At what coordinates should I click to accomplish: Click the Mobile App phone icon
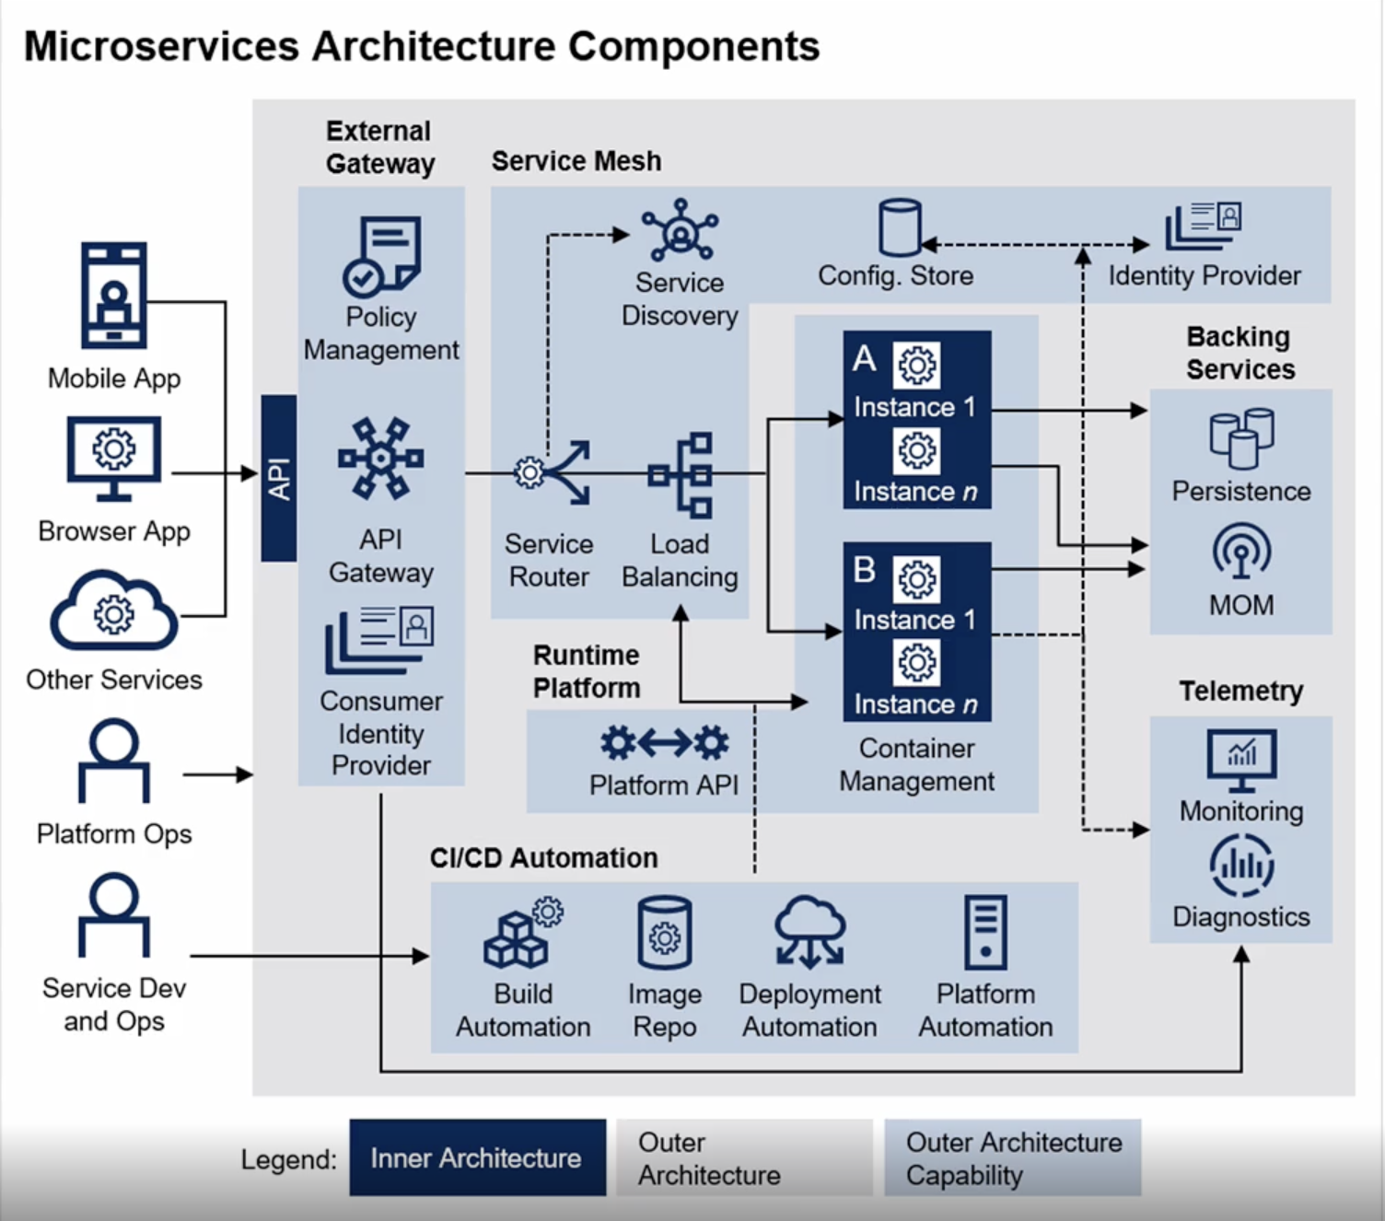(113, 296)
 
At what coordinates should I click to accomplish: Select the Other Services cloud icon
(114, 610)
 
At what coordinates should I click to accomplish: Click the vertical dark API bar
(279, 478)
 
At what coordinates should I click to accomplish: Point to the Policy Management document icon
(381, 256)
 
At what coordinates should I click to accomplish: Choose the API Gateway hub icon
(380, 458)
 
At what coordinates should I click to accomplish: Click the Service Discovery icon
(681, 230)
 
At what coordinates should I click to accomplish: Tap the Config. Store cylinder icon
(900, 227)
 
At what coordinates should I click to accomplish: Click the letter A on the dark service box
(864, 358)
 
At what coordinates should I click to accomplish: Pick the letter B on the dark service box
(864, 569)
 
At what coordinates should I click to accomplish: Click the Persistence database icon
(1241, 438)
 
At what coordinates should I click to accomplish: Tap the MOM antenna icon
(1241, 551)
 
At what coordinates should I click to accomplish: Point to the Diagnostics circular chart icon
(1241, 866)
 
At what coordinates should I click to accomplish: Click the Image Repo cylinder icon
(665, 933)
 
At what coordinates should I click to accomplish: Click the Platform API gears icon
(665, 743)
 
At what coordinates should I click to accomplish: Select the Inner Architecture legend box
(478, 1157)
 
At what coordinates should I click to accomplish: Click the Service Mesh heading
(576, 161)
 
